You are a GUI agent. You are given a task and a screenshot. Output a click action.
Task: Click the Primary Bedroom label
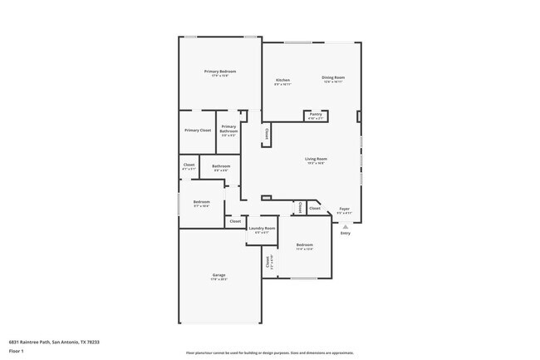pos(220,72)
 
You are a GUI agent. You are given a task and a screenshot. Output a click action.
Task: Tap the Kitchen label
pos(282,80)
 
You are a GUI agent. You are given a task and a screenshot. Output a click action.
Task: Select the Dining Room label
pos(333,78)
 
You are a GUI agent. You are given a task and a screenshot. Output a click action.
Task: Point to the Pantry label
pos(315,114)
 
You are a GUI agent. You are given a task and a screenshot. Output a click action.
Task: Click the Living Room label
pos(316,159)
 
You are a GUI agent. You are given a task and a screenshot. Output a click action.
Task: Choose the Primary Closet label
pos(198,130)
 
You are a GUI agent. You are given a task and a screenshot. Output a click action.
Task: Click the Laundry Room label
pos(262,228)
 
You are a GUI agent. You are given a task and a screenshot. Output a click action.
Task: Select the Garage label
pos(219,275)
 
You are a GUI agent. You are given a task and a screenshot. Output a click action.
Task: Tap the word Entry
pos(346,233)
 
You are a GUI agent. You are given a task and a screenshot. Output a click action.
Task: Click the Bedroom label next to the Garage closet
pos(304,244)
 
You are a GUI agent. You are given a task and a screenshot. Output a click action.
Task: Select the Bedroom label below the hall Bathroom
pos(201,202)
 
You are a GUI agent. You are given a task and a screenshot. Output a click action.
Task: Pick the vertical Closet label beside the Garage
pos(268,262)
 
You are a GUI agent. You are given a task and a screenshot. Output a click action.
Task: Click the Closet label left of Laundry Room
pos(235,221)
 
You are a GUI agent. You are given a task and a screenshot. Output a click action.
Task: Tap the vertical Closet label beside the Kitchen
pos(267,133)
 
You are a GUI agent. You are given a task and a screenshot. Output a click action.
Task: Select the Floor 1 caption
pos(16,351)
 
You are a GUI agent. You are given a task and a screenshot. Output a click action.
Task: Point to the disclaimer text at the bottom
pos(270,353)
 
